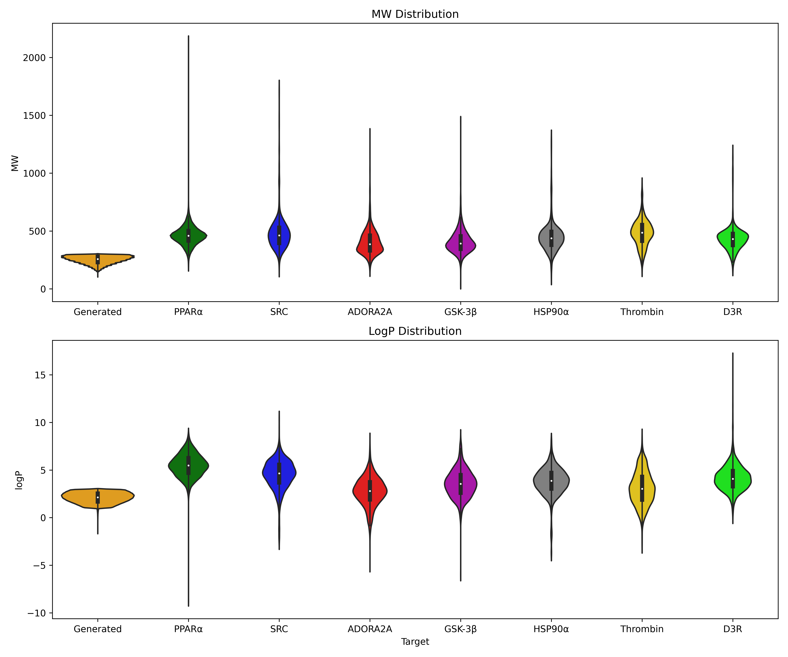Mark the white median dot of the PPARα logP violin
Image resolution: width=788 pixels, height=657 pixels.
188,465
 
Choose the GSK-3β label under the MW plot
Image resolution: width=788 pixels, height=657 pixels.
460,312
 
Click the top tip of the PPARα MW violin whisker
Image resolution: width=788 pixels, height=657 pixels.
188,36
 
